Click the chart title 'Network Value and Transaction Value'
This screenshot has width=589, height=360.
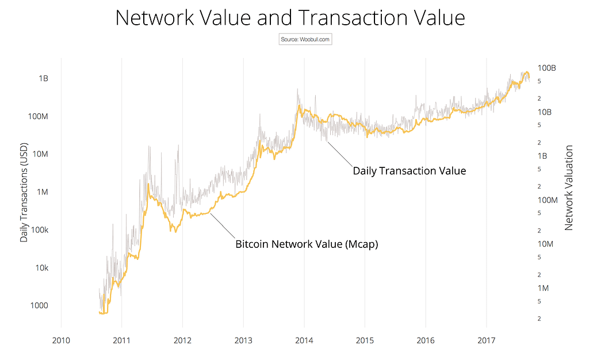tap(290, 18)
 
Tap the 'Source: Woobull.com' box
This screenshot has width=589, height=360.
tap(305, 40)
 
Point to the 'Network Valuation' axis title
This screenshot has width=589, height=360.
tap(569, 188)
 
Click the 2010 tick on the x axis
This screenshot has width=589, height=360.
tap(61, 340)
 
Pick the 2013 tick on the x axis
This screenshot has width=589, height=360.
tap(243, 340)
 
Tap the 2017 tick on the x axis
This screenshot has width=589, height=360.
tap(487, 340)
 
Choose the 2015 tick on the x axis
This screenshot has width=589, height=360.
tap(365, 340)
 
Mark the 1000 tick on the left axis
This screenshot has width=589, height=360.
tap(39, 306)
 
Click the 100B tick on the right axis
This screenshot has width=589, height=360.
tap(547, 68)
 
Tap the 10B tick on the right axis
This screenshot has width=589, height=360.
tap(545, 112)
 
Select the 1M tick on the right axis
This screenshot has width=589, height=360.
tap(543, 288)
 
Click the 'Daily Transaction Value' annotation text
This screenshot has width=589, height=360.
tap(409, 171)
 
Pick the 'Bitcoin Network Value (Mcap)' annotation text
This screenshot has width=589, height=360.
tap(307, 244)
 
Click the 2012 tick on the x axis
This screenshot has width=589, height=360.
tap(182, 340)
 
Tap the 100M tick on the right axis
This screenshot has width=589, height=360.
tap(548, 200)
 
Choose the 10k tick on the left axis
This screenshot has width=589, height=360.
tap(40, 268)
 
